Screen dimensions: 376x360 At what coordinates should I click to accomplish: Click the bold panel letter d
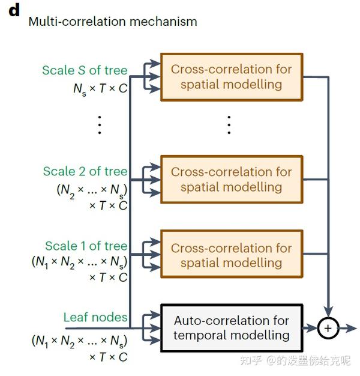14,10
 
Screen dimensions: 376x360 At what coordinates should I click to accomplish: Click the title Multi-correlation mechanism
113,22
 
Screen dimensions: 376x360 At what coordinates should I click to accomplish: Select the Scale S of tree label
85,70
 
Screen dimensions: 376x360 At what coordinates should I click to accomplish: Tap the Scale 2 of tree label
85,171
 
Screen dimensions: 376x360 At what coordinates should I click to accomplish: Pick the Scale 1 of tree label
86,246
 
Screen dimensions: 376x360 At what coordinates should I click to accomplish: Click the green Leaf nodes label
95,317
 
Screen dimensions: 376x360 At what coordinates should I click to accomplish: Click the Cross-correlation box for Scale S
231,77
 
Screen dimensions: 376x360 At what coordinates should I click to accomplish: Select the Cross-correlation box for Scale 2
231,179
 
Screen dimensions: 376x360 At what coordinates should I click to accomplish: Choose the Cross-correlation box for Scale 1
231,255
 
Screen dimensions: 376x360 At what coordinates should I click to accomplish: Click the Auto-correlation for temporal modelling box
231,328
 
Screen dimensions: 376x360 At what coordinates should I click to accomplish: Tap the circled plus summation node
328,328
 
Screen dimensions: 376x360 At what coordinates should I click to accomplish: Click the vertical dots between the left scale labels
100,124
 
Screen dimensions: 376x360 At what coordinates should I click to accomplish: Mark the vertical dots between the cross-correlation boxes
229,124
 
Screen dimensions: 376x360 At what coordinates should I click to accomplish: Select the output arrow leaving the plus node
347,328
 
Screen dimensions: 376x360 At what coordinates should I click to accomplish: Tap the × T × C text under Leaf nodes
108,357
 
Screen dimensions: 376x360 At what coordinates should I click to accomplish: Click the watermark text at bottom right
295,360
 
